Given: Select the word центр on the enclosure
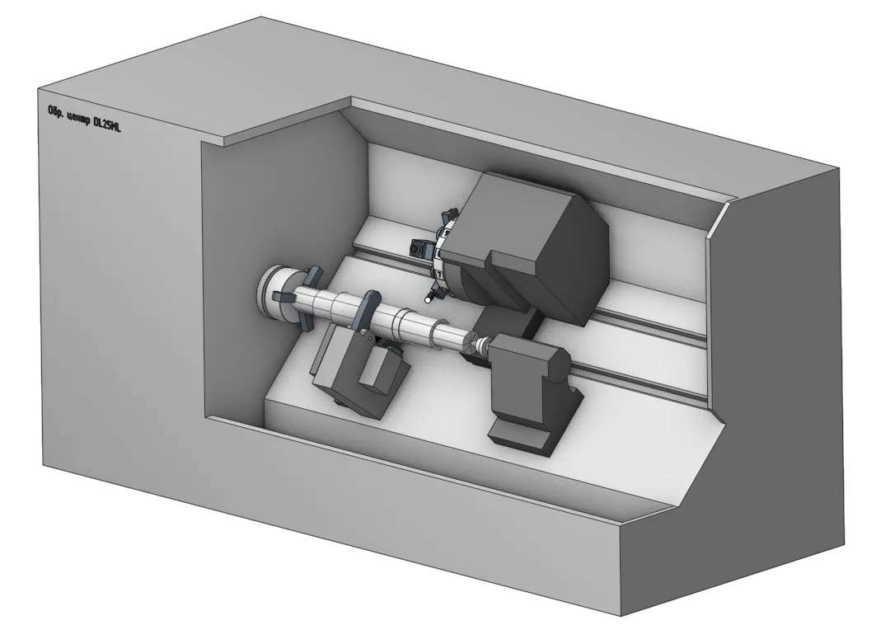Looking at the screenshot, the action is (77, 119).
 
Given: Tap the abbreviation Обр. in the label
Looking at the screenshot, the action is (54, 111).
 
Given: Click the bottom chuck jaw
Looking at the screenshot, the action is (304, 322).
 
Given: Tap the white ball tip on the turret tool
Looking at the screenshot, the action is (429, 299).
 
